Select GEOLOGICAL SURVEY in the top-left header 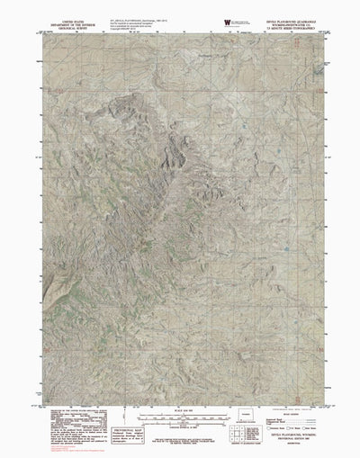pos(61,22)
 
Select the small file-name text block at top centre pos(139,14)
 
